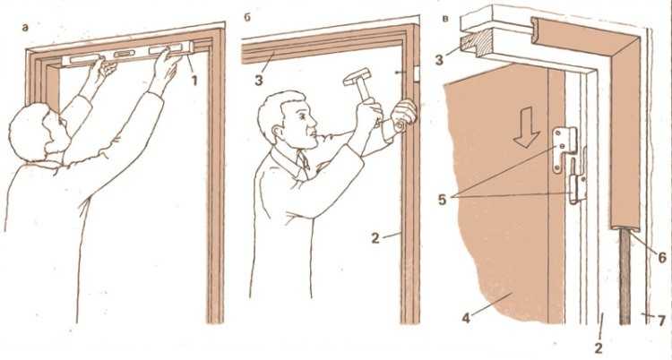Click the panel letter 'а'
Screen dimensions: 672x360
coord(25,29)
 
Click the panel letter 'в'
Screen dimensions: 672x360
coord(446,20)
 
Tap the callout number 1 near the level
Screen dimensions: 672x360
coord(194,80)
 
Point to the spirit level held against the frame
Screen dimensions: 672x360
coord(128,54)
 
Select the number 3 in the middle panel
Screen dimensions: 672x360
coord(258,80)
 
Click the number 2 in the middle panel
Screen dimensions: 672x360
coord(375,238)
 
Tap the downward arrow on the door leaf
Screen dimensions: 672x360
coord(526,127)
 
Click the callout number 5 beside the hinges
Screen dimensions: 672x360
coord(443,200)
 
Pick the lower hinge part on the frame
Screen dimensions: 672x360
coord(577,189)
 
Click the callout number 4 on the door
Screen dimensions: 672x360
coord(465,318)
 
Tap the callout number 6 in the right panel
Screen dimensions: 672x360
coord(662,258)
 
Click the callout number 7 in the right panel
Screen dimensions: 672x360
coord(662,320)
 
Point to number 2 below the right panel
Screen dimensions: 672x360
coord(598,348)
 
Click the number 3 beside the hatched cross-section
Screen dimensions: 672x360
coord(439,60)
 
